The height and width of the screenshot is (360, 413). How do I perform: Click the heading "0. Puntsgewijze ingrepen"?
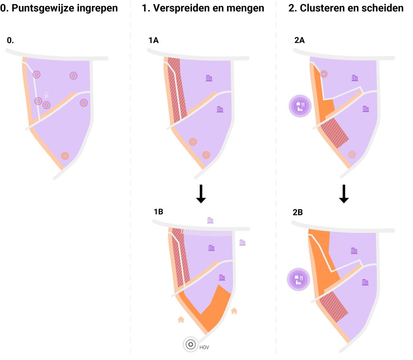[x=59, y=8]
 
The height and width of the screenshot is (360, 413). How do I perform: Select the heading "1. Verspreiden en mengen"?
[x=203, y=8]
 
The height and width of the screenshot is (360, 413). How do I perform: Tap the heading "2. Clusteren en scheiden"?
[x=346, y=8]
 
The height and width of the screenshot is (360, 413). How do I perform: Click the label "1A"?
[x=154, y=40]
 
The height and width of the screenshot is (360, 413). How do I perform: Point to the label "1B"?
[x=158, y=212]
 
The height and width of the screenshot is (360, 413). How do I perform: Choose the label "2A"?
[x=300, y=40]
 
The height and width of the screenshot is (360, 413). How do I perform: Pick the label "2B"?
[x=298, y=212]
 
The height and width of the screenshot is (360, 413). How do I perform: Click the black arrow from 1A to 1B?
[x=201, y=194]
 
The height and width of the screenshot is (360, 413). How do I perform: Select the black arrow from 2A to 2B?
[x=344, y=194]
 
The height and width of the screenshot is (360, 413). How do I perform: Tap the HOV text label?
[x=204, y=348]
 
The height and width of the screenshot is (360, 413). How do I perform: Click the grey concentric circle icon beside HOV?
[x=190, y=344]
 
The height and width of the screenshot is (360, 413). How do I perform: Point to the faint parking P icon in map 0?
[x=46, y=95]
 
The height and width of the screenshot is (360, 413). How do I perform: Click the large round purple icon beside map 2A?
[x=300, y=106]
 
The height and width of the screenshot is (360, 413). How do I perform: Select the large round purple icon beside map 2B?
[x=298, y=279]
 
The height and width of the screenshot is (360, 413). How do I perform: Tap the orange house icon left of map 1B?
[x=181, y=319]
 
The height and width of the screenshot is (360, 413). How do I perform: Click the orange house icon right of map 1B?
[x=234, y=311]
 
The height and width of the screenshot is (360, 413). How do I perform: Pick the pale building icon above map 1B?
[x=210, y=220]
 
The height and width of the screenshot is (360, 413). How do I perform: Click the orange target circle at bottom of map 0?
[x=65, y=156]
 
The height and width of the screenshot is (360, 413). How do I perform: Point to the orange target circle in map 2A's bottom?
[x=352, y=154]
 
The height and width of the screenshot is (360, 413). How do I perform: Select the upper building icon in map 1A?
[x=209, y=78]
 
